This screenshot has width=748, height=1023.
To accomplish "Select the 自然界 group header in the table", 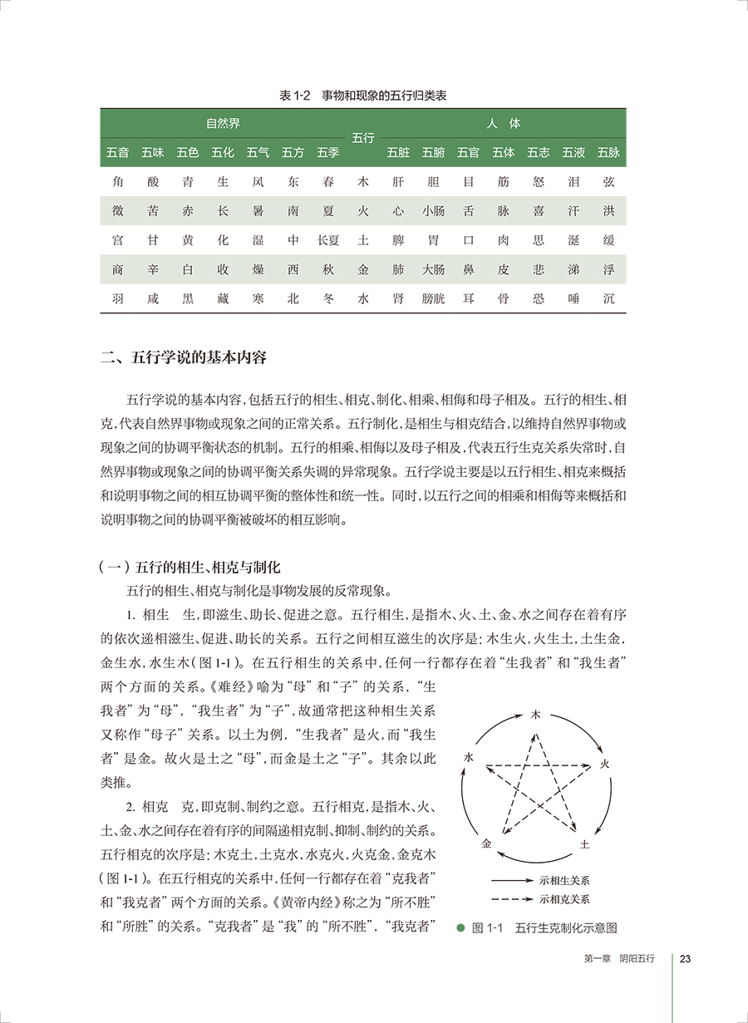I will point(223,124).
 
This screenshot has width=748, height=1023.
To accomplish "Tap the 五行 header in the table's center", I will point(362,138).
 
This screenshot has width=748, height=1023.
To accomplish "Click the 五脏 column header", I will point(398,153).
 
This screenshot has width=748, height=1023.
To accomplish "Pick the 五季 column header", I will point(327,153).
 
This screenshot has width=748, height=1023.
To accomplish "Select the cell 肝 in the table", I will point(398,182).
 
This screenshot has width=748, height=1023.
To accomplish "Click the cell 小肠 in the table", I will point(433,211).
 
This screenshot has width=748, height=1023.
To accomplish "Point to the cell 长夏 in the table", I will point(327,240).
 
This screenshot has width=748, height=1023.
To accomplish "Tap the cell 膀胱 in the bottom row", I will point(433,298).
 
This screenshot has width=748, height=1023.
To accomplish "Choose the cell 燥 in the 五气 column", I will point(258,269).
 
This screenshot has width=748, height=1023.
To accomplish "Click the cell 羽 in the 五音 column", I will point(118,298).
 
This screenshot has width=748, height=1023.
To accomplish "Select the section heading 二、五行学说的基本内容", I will point(183,360).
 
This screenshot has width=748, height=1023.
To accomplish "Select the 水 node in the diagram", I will point(470,758).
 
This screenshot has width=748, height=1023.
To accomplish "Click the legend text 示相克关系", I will point(565,898).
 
